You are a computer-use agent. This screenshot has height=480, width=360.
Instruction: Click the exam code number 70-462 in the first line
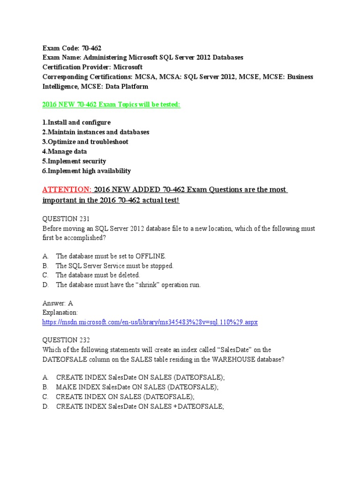(91, 48)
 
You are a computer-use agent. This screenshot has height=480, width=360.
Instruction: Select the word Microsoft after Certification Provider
(126, 67)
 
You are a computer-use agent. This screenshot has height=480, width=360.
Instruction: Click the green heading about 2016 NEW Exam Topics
(111, 105)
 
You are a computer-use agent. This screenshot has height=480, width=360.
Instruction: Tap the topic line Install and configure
(76, 122)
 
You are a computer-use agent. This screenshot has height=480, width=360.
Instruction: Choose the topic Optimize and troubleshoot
(85, 142)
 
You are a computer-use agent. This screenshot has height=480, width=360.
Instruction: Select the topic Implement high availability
(87, 171)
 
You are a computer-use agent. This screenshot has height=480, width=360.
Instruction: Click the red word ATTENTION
(67, 190)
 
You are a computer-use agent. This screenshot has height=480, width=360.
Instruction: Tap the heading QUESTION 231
(66, 219)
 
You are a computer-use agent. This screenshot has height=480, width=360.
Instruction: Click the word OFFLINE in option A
(150, 256)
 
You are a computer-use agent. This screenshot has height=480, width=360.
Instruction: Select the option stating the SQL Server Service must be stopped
(114, 266)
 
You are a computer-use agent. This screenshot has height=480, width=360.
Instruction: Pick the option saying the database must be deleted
(97, 275)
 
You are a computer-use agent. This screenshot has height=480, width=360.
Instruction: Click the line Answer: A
(58, 303)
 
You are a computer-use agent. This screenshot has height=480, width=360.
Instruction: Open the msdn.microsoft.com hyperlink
(150, 322)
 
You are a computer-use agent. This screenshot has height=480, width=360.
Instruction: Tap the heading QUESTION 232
(66, 340)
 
